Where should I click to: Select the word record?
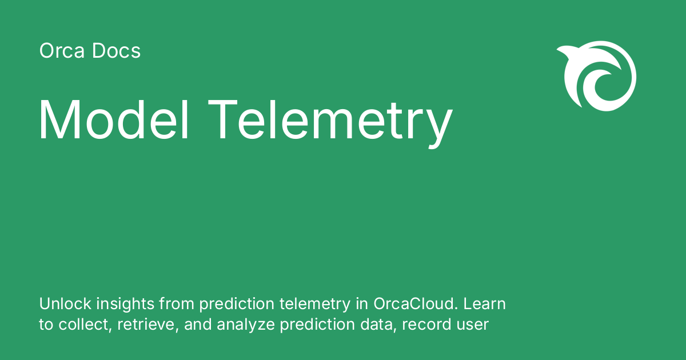(x=426, y=325)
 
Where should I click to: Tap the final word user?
(x=473, y=325)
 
